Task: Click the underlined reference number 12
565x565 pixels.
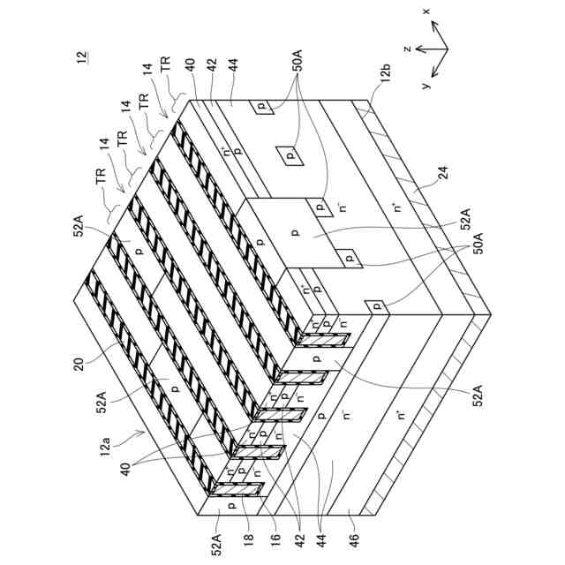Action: point(82,57)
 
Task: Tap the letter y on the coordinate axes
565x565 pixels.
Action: point(426,85)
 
